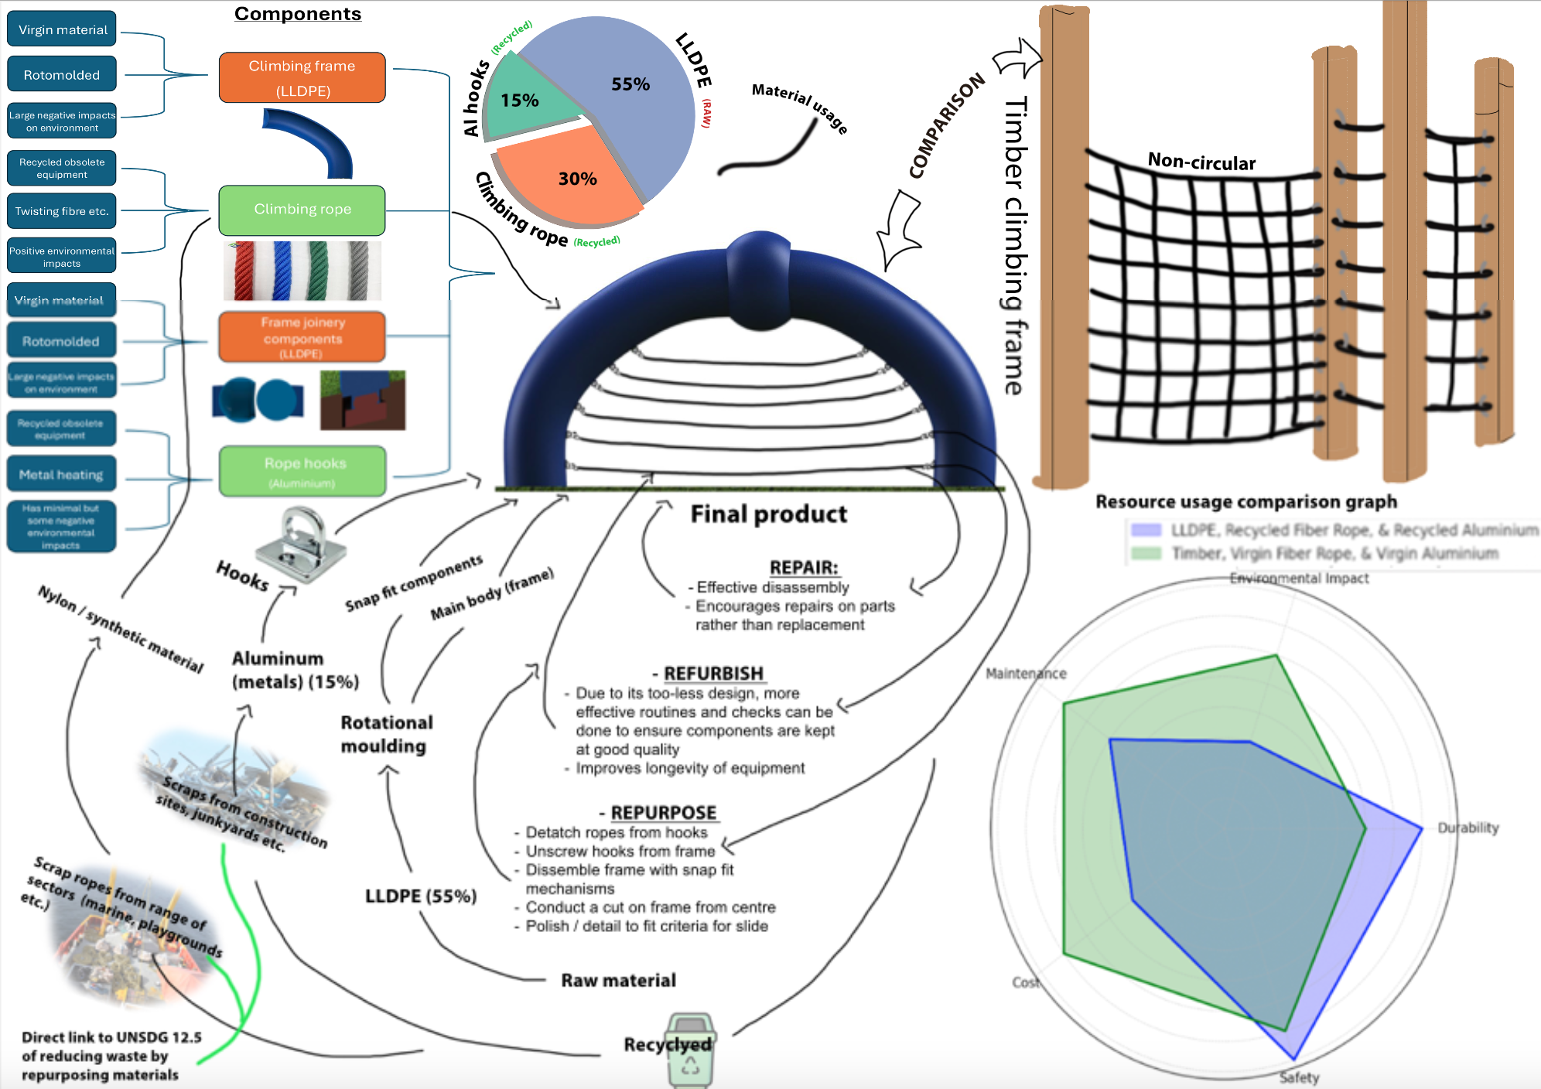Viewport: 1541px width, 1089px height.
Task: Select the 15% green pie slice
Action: [522, 104]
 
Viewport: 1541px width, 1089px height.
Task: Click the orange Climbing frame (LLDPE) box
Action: [302, 77]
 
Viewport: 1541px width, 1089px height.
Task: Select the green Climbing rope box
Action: [302, 210]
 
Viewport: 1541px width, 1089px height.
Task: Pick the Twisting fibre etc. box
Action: [62, 211]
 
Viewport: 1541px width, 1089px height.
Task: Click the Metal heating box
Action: [61, 475]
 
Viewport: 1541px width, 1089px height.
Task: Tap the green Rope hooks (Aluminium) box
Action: [302, 471]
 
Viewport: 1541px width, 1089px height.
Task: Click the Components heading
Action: [298, 14]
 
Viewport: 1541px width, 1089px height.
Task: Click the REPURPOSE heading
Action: [664, 813]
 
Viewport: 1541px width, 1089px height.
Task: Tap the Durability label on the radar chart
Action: [1468, 828]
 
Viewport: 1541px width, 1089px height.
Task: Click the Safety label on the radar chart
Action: [1299, 1077]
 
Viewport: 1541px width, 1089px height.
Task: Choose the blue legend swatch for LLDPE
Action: [1146, 530]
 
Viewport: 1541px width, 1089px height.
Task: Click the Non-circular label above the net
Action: [1201, 162]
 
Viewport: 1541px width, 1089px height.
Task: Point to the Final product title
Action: [768, 514]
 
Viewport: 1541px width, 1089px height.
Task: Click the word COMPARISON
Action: [947, 125]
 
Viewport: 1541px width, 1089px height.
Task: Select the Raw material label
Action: [618, 981]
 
